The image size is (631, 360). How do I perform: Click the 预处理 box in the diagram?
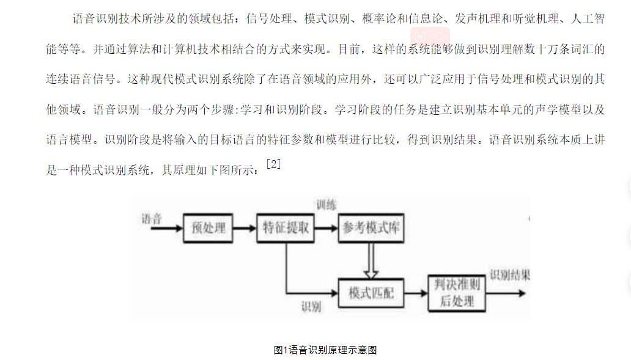(x=208, y=228)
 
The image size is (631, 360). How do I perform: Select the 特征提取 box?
(x=286, y=228)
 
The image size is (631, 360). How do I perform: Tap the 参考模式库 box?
(x=371, y=228)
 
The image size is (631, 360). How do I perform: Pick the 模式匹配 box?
(x=371, y=293)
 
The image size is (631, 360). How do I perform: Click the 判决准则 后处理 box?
(x=457, y=293)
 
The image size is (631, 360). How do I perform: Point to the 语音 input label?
(x=152, y=219)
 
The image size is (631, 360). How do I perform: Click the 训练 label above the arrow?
(x=326, y=205)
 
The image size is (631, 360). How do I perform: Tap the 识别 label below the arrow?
(x=311, y=307)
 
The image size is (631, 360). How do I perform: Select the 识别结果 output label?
(x=510, y=275)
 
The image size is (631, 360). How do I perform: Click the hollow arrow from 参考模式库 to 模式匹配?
(x=371, y=260)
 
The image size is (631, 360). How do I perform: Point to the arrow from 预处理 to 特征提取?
(x=245, y=229)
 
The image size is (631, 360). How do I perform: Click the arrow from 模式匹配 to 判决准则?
(x=416, y=293)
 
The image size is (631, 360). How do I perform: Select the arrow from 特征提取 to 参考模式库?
(x=327, y=229)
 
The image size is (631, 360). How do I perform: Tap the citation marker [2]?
(x=274, y=164)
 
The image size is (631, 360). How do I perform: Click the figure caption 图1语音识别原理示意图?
(x=325, y=350)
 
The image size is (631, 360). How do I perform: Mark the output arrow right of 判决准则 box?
(x=506, y=293)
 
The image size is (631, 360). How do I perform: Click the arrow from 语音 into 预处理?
(x=166, y=229)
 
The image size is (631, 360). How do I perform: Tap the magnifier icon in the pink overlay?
(x=440, y=37)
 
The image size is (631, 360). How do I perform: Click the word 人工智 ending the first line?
(x=588, y=18)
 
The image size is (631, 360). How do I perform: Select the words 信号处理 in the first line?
(x=269, y=18)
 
